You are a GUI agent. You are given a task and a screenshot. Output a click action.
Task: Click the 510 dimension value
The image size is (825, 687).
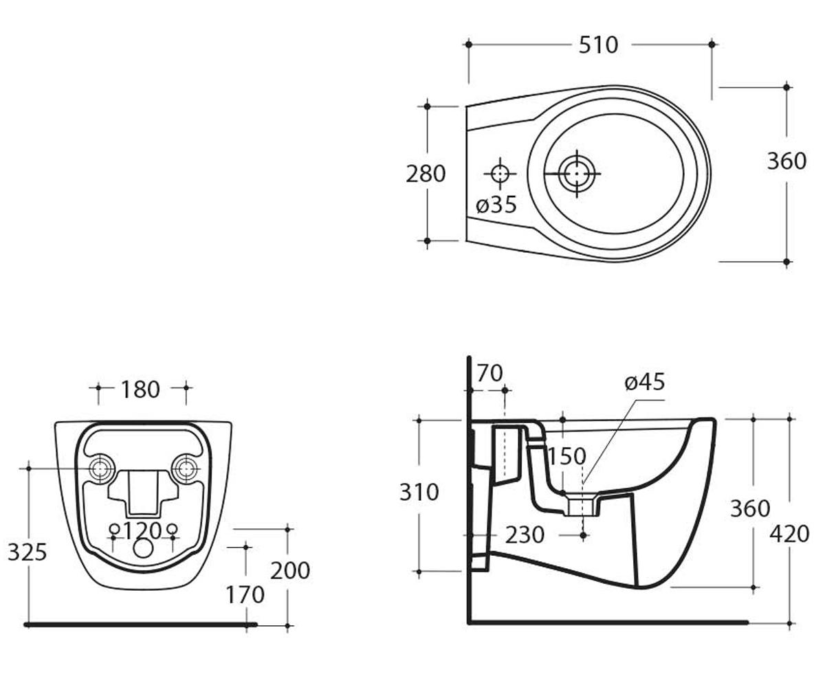[x=598, y=45]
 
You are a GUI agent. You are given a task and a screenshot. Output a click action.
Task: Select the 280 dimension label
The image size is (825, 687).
[x=426, y=174]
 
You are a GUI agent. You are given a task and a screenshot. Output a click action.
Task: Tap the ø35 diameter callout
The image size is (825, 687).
[x=496, y=205]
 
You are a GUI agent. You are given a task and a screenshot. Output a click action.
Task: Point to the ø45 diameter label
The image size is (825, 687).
[x=645, y=382]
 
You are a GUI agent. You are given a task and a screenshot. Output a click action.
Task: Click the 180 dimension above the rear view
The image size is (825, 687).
[x=140, y=390]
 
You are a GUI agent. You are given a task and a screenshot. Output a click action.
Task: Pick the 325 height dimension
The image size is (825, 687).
[x=27, y=552]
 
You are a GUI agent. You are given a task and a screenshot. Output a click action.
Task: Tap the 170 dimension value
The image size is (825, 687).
[x=245, y=595]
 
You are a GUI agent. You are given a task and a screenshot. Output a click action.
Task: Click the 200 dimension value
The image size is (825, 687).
[x=290, y=570]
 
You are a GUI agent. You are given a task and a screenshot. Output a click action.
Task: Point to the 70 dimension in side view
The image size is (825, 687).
[x=490, y=373]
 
